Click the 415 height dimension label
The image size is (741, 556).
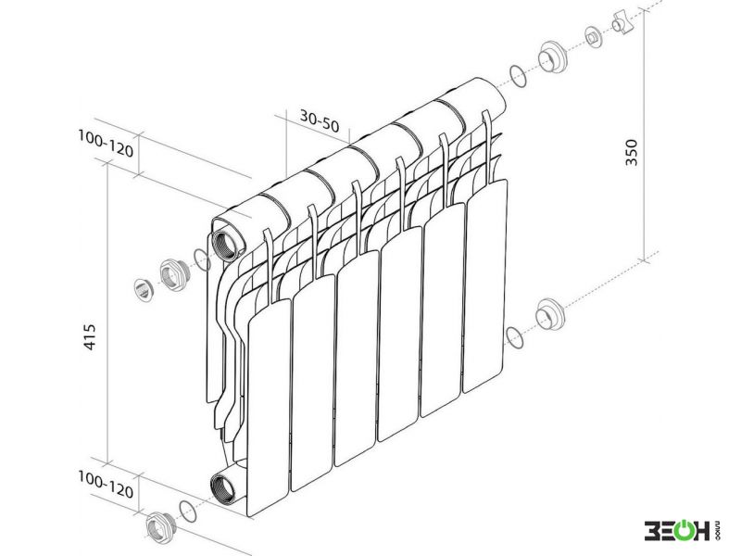click(89, 337)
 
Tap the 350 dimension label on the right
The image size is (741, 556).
click(632, 152)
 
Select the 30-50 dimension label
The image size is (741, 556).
click(320, 121)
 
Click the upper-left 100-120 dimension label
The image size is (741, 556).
click(106, 144)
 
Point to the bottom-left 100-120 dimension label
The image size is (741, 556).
click(106, 484)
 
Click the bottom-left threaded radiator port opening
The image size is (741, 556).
click(222, 490)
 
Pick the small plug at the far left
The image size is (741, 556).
click(143, 290)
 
